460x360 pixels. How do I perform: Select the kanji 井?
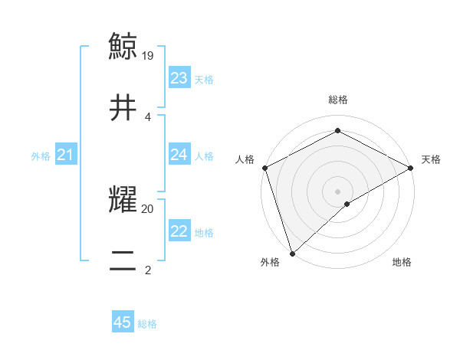coord(123,108)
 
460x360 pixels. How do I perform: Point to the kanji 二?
coord(123,262)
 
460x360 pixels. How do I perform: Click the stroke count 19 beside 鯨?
coord(149,55)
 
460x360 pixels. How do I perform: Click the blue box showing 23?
coord(179,78)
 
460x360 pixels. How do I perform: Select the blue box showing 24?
coord(179,155)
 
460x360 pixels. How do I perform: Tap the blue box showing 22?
coord(179,231)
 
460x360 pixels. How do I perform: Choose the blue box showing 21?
coord(66,155)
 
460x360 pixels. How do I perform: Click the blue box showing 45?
coord(123,322)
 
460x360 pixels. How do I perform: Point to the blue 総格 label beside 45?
coord(147,324)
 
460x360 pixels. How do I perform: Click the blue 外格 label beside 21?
coord(41,156)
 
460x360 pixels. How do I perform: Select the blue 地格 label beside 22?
coord(204,233)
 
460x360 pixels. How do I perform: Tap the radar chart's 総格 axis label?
coord(338,100)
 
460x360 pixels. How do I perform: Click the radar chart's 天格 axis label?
coord(432,159)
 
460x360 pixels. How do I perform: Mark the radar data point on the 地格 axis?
coord(348,204)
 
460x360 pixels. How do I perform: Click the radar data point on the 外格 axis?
coord(292,253)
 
